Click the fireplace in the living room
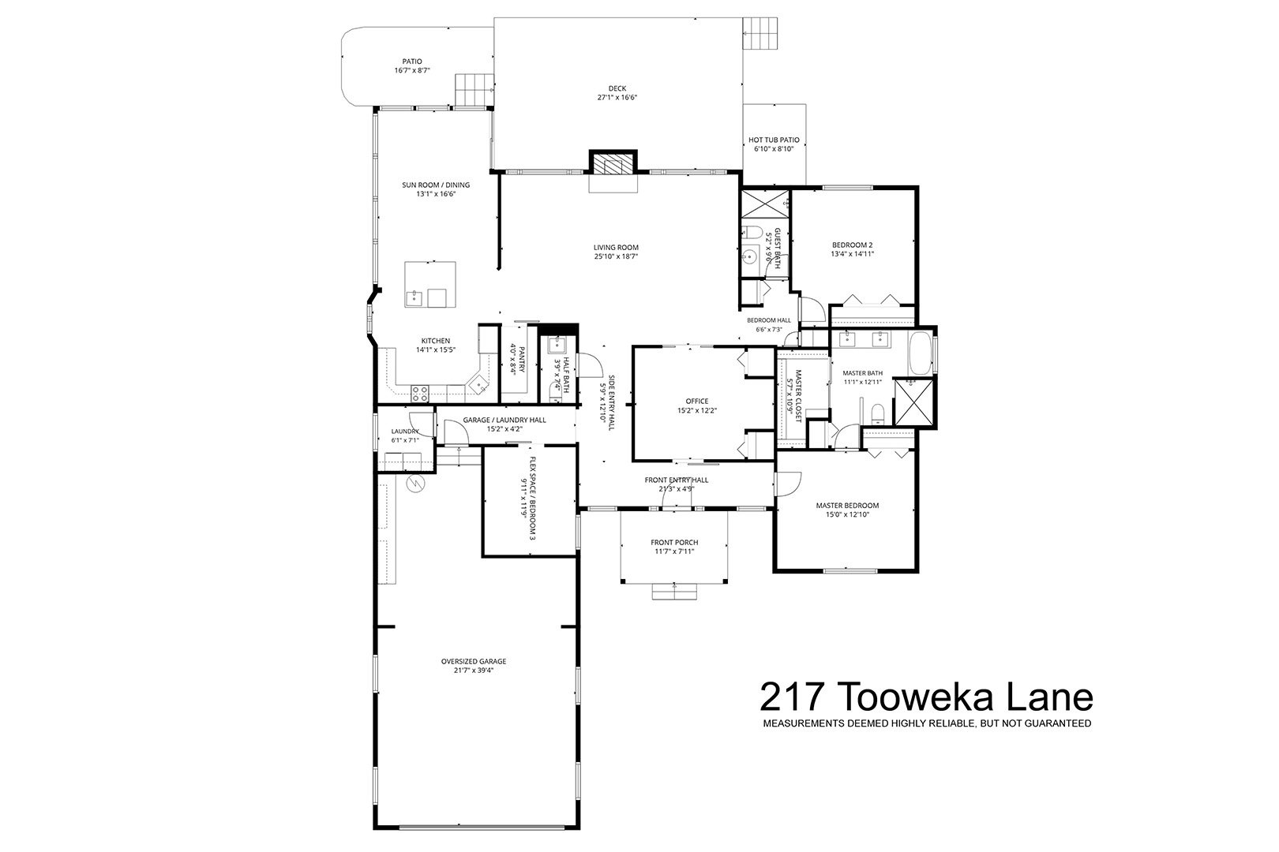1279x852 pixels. (613, 164)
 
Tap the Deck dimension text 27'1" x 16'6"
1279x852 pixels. (617, 98)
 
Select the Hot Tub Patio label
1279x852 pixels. (774, 140)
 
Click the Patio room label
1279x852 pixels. (411, 62)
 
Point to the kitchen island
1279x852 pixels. (430, 284)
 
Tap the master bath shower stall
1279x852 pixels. (914, 403)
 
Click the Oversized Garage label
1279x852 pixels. (474, 661)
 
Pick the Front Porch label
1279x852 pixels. (674, 542)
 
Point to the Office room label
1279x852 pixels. (696, 402)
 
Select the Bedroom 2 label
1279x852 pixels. (852, 245)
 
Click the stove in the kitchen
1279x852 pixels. (420, 391)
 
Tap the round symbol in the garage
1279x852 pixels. (415, 484)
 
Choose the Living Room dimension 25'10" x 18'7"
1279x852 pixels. (616, 257)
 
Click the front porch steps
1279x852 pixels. (674, 591)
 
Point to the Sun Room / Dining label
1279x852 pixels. (436, 185)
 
